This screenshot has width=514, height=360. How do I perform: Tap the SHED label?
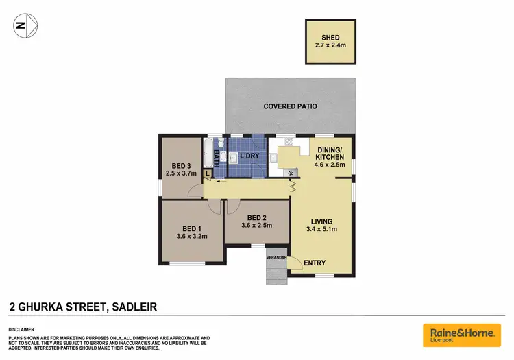point(331,38)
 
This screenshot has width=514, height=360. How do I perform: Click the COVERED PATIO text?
point(290,106)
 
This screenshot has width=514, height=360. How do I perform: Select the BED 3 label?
point(180,165)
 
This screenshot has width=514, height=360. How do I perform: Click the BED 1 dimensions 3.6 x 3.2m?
point(191,237)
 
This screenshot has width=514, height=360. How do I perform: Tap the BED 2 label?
point(257,215)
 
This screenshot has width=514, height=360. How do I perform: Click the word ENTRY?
point(315,263)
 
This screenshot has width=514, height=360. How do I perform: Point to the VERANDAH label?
point(276,257)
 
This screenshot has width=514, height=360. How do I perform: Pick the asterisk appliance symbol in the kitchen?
point(291,172)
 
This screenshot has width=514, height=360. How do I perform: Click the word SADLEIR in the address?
point(133,306)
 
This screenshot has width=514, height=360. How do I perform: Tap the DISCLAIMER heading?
point(22,328)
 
